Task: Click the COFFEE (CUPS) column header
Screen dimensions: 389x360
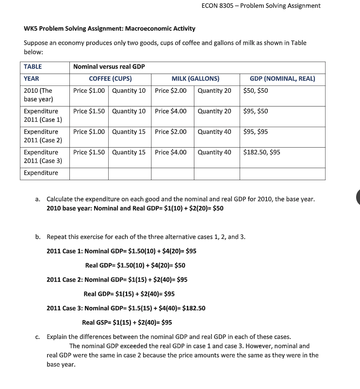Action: (110, 79)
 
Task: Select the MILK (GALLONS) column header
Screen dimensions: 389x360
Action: (195, 79)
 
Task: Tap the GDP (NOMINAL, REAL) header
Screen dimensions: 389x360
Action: (282, 79)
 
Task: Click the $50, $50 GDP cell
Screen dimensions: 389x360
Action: (256, 91)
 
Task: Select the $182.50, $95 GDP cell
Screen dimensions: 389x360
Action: (262, 152)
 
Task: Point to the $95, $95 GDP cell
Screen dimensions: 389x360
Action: (256, 132)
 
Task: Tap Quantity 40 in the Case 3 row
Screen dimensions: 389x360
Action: (214, 152)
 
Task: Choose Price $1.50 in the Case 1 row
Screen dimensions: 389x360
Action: (89, 111)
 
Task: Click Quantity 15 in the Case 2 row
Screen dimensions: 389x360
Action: (129, 132)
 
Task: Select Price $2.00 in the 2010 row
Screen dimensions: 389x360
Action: (171, 91)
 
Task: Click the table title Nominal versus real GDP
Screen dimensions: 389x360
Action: (109, 67)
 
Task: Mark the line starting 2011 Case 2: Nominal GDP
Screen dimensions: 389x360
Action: (117, 280)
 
